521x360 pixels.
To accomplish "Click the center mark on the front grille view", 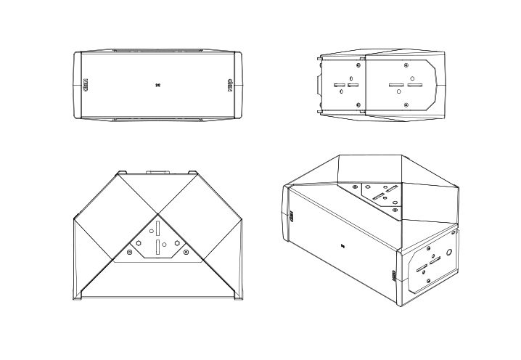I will click(157, 85).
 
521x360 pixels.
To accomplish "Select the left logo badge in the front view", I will click(84, 85).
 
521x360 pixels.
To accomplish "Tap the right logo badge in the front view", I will click(231, 85).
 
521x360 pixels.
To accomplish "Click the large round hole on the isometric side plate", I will click(450, 253).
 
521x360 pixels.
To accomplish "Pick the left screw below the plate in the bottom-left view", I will click(129, 252).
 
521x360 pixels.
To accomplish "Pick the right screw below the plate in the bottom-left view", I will click(186, 252).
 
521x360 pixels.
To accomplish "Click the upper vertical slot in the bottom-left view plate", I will click(158, 228).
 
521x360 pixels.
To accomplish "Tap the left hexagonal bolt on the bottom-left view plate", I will click(138, 244).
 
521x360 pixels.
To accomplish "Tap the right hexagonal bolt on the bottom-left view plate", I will click(178, 244).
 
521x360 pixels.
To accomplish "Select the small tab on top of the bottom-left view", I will click(157, 173).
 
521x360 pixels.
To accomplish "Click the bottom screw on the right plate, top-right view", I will click(406, 105).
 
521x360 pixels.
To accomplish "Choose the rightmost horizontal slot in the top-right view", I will click(414, 85).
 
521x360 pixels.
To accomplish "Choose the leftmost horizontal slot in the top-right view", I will click(339, 86).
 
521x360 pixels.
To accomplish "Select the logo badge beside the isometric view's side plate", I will click(393, 277).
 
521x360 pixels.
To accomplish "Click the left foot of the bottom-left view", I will click(76, 298).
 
